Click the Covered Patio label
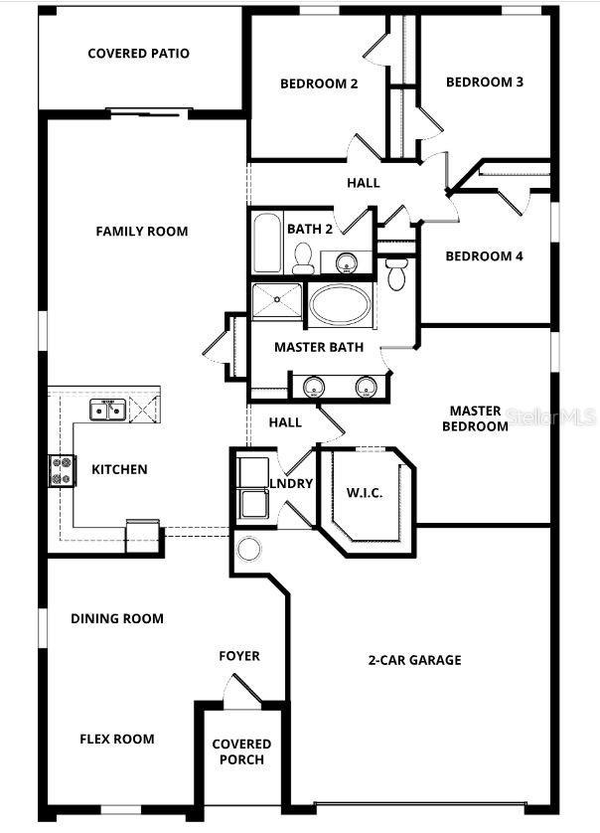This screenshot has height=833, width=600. tap(138, 54)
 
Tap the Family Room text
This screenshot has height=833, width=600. tap(141, 232)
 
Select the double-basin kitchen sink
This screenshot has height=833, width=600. tap(106, 409)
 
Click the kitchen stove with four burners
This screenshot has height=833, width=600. tap(62, 469)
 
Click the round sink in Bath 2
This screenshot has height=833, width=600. tap(346, 263)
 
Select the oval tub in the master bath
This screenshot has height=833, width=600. tap(341, 305)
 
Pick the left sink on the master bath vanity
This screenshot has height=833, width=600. tap(314, 386)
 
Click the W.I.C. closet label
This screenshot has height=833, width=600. tap(364, 493)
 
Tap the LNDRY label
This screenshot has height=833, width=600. tap(291, 484)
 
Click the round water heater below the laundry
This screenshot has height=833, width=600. tap(249, 550)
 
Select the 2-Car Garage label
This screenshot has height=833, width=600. tap(414, 660)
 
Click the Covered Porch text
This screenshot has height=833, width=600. tap(241, 751)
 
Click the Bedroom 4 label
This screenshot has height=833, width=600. tap(484, 256)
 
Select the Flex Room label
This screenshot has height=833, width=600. tap(116, 739)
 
